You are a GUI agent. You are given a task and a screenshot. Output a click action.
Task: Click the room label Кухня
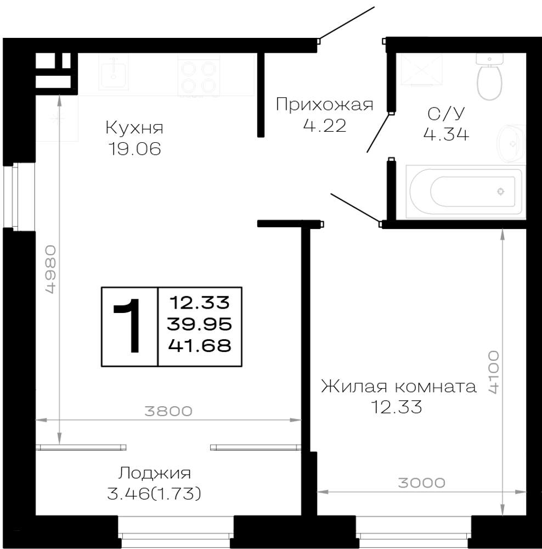[x=134, y=128]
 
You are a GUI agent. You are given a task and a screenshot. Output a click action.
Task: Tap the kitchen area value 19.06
[x=135, y=149]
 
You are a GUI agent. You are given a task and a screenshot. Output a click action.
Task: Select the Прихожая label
[x=325, y=105]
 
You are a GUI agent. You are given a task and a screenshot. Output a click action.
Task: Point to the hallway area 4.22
[x=325, y=126]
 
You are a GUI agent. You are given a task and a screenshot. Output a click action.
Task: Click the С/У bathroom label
[x=446, y=114]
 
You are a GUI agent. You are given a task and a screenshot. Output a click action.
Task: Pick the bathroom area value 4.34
[x=446, y=134]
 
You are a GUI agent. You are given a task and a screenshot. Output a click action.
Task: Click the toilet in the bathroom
[x=489, y=77]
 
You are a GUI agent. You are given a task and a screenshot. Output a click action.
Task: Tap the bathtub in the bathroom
[x=466, y=192]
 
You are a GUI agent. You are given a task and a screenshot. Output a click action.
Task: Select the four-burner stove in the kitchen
[x=199, y=76]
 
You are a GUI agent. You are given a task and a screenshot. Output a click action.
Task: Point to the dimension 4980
[x=50, y=269]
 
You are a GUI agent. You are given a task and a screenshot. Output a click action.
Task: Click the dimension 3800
[x=168, y=411]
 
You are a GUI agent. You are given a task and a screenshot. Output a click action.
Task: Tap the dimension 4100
[x=494, y=372]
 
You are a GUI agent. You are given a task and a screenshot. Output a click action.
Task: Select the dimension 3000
[x=422, y=483]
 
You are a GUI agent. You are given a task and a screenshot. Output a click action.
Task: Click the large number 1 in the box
[x=127, y=326]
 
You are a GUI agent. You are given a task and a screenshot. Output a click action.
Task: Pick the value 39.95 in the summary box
[x=200, y=324]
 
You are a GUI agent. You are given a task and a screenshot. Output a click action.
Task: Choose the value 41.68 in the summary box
[x=200, y=346]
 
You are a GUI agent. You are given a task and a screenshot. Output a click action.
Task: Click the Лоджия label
[x=154, y=473]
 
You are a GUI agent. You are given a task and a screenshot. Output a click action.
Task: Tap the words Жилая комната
[x=399, y=386]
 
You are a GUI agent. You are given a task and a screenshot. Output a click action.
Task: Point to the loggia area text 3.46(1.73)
[x=154, y=494]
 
